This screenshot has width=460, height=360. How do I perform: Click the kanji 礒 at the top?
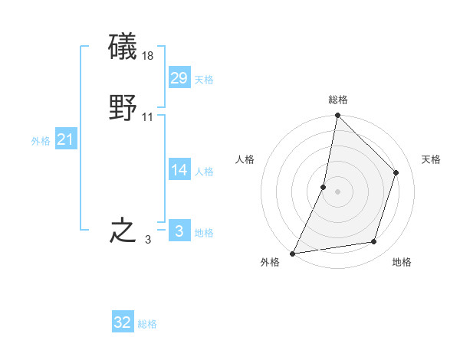tap(123, 47)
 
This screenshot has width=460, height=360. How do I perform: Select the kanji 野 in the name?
tap(123, 108)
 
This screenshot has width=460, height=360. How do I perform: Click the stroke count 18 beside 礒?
tap(149, 56)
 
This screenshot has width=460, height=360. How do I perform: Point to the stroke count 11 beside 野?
tap(148, 117)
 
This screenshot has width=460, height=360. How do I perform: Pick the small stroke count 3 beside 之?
tap(148, 240)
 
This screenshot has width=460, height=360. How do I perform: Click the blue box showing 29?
tap(179, 77)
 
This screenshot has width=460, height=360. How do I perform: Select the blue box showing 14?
tap(179, 169)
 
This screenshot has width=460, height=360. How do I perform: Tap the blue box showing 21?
tap(66, 139)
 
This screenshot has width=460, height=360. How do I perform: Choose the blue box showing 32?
tap(123, 322)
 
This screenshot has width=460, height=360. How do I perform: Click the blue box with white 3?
tap(179, 231)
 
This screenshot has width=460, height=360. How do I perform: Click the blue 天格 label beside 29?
tap(204, 80)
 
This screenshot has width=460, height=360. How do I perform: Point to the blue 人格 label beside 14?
tap(204, 172)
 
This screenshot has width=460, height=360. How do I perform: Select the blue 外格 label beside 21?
tap(41, 141)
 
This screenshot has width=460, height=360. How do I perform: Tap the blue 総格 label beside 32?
tap(147, 325)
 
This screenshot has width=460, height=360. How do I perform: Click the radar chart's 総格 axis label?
tap(338, 100)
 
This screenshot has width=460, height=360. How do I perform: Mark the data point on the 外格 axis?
tap(293, 253)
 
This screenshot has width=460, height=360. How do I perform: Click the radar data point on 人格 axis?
tap(324, 187)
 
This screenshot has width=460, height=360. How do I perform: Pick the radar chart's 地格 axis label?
tap(402, 263)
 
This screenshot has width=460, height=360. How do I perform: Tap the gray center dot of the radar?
tap(338, 191)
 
